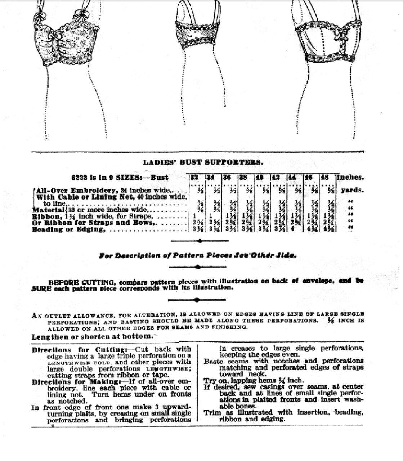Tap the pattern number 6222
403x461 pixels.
click(x=80, y=178)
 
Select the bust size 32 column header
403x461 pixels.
click(x=194, y=178)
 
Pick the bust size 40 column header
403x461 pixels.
click(x=260, y=178)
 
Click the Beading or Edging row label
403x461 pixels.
click(x=68, y=230)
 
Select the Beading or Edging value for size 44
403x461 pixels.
click(x=292, y=229)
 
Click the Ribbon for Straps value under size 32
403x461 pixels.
click(x=194, y=216)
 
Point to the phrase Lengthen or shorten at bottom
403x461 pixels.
click(x=92, y=337)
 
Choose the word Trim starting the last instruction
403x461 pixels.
click(x=211, y=413)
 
